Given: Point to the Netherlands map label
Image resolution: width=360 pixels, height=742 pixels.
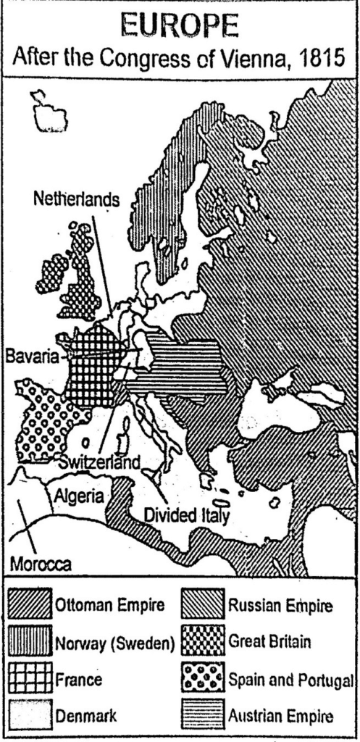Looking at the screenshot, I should pos(75,199).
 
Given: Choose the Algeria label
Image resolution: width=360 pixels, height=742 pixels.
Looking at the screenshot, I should pos(80,497).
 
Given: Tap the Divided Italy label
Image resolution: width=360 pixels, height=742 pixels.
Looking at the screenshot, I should pos(187,516).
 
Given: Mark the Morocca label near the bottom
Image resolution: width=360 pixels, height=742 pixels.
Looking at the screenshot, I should pos(41,563).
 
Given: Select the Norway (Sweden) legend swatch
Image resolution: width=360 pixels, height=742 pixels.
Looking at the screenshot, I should pos(30,642).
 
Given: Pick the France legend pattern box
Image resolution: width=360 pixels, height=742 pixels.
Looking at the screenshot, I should pos(30,680).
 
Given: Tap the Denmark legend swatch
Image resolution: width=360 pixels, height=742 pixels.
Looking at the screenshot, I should pos(30,717).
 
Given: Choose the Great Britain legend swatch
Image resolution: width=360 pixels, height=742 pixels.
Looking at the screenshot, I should pos(202,642).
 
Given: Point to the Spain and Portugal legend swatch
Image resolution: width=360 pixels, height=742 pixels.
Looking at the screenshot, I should pos(202,680).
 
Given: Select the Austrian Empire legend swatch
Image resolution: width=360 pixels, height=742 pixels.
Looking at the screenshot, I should pos(202,717).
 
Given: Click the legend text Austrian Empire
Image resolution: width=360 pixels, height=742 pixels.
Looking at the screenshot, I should pos(281,717).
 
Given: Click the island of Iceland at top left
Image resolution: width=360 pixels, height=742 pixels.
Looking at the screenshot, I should pos(49,112).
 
